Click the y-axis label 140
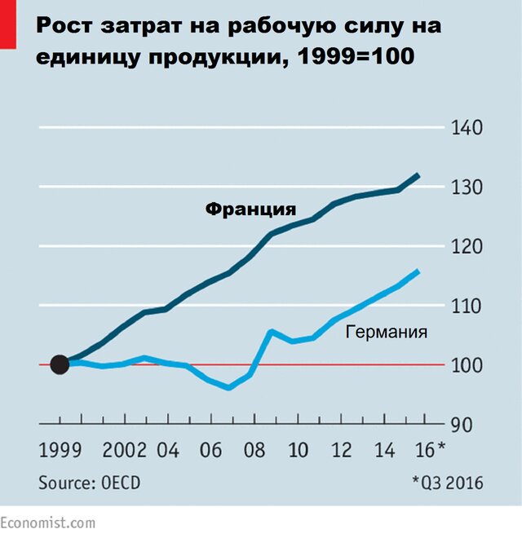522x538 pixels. click(x=467, y=128)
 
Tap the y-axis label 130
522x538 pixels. click(x=467, y=187)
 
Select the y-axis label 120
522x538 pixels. click(x=467, y=246)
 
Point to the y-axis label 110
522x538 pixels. click(x=467, y=306)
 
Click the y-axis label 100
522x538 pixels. click(x=467, y=365)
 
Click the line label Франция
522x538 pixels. click(x=250, y=209)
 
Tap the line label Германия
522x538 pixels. click(x=387, y=332)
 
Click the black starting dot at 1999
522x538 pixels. click(x=60, y=364)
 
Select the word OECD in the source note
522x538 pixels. click(x=118, y=483)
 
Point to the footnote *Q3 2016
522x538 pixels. click(x=448, y=483)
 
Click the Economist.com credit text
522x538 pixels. click(x=47, y=523)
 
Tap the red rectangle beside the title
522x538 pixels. click(x=8, y=22)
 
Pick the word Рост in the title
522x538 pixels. click(x=64, y=27)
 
